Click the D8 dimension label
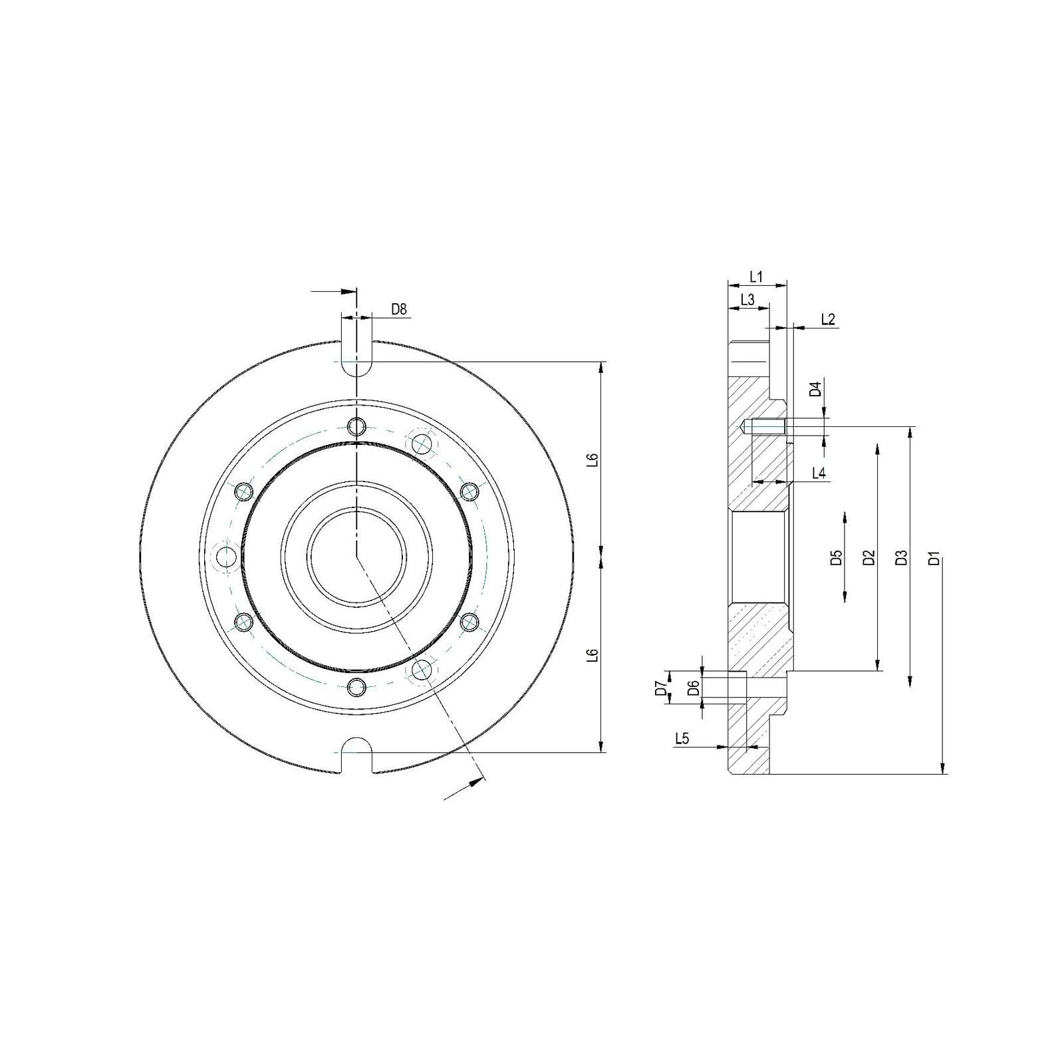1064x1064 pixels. pos(398,309)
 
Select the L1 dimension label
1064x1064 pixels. pos(756,276)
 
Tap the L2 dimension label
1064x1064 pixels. pos(828,319)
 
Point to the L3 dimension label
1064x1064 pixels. pos(747,300)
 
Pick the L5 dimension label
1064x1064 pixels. pos(682,737)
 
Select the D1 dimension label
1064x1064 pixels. pos(934,558)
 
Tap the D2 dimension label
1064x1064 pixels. pos(868,558)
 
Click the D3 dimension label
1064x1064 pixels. pos(901,558)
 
